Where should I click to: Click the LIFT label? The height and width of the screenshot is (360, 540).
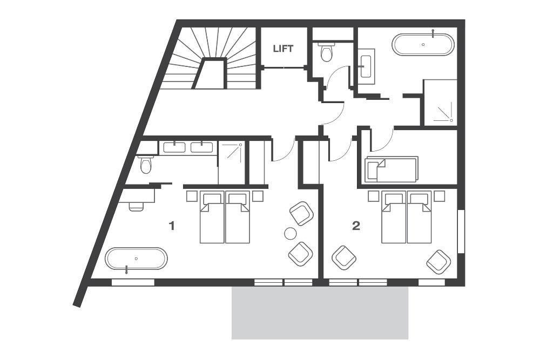pos(283,49)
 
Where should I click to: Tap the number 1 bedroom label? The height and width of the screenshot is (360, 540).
pos(172,226)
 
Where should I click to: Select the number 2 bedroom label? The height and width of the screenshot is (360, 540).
pos(355,226)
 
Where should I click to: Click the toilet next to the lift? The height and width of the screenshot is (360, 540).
pos(326,53)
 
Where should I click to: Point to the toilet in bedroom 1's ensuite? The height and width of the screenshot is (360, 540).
pos(146,164)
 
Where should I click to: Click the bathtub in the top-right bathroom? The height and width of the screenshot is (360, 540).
pos(423,45)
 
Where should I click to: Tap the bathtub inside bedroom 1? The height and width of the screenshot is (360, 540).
pos(136,259)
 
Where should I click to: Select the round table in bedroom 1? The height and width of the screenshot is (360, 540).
pos(291,234)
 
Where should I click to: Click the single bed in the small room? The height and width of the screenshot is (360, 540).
pos(391,169)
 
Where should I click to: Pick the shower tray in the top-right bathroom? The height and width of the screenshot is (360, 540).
pos(440,103)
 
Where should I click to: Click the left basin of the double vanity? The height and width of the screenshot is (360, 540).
pos(174,147)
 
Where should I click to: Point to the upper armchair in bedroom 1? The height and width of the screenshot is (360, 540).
pos(301,213)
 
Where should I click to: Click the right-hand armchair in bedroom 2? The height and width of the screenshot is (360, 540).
pos(438,262)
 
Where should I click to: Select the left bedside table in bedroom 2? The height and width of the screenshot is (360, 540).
pos(373,196)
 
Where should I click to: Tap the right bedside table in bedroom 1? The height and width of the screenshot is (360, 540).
pos(258,196)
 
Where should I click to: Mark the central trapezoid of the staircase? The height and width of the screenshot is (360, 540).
pos(210,74)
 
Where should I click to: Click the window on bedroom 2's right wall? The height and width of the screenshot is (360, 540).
pos(461,231)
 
